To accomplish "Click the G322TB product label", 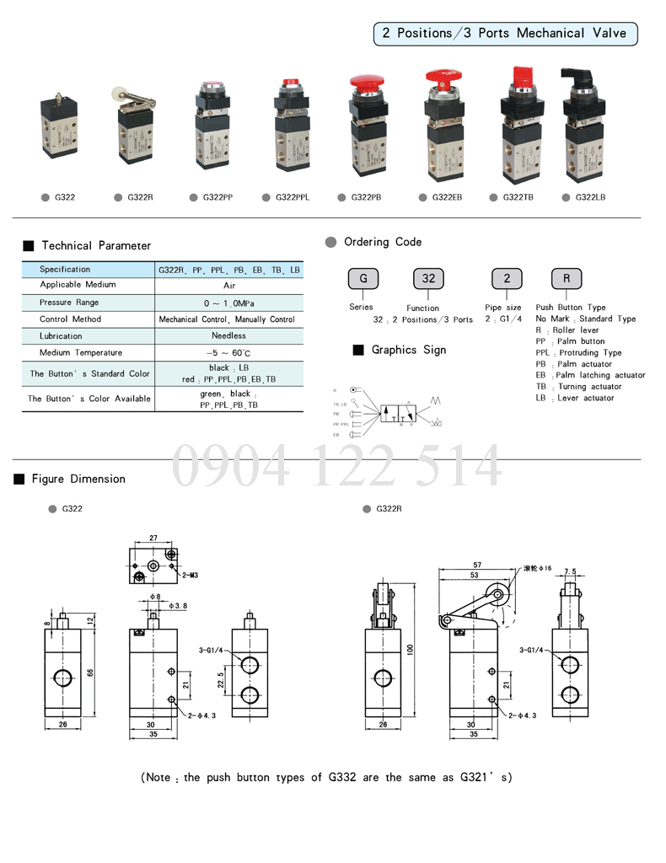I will pyautogui.click(x=518, y=197).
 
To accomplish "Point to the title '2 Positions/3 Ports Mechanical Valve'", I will pyautogui.click(x=504, y=33).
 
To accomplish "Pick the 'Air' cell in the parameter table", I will pyautogui.click(x=228, y=286).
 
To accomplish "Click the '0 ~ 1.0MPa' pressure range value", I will pyautogui.click(x=228, y=303).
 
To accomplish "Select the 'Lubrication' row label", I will pyautogui.click(x=61, y=335).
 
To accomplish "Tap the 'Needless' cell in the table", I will pyautogui.click(x=228, y=335).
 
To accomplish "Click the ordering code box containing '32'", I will pyautogui.click(x=428, y=279).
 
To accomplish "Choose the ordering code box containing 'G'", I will pyautogui.click(x=363, y=279).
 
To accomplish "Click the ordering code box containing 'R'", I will pyautogui.click(x=567, y=279).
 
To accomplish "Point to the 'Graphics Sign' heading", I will pyautogui.click(x=409, y=350).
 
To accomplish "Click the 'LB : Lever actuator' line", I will pyautogui.click(x=575, y=398).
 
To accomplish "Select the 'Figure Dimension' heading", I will pyautogui.click(x=78, y=479).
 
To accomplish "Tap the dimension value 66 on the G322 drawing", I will pyautogui.click(x=90, y=672).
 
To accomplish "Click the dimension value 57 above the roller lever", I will pyautogui.click(x=476, y=565).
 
